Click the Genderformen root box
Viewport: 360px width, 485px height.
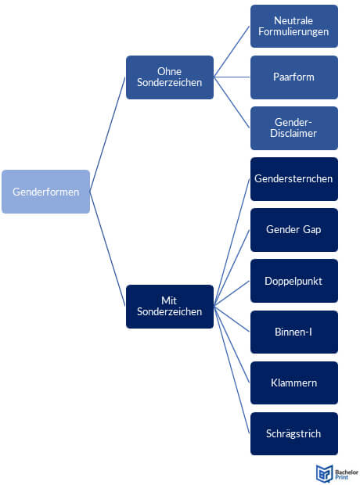pyautogui.click(x=46, y=192)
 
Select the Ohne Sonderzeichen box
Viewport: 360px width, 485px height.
pyautogui.click(x=170, y=77)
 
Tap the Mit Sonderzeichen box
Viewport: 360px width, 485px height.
pyautogui.click(x=170, y=307)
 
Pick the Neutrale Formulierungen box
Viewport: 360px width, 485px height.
pyautogui.click(x=294, y=27)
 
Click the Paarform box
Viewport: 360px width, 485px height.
pyautogui.click(x=294, y=77)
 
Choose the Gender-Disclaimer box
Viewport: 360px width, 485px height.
pyautogui.click(x=294, y=128)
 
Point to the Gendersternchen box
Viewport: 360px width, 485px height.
pyautogui.click(x=294, y=179)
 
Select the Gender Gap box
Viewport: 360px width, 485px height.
pyautogui.click(x=294, y=230)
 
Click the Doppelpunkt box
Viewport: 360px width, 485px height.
pyautogui.click(x=294, y=281)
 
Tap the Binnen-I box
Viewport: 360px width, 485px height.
pyautogui.click(x=294, y=332)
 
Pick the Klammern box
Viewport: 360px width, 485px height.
pyautogui.click(x=294, y=383)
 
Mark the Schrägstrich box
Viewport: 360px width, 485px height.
pyautogui.click(x=294, y=433)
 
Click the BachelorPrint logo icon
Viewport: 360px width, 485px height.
pyautogui.click(x=324, y=473)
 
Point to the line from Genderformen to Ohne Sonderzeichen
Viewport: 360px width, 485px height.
pyautogui.click(x=108, y=135)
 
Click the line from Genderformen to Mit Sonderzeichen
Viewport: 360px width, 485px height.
pyautogui.click(x=108, y=249)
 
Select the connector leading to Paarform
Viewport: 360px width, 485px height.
pyautogui.click(x=232, y=77)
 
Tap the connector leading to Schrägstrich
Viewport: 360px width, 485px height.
pyautogui.click(x=232, y=370)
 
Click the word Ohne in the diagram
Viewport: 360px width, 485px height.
pyautogui.click(x=169, y=71)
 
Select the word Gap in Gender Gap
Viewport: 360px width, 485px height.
pyautogui.click(x=311, y=230)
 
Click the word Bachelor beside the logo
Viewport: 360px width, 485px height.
pyautogui.click(x=347, y=472)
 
